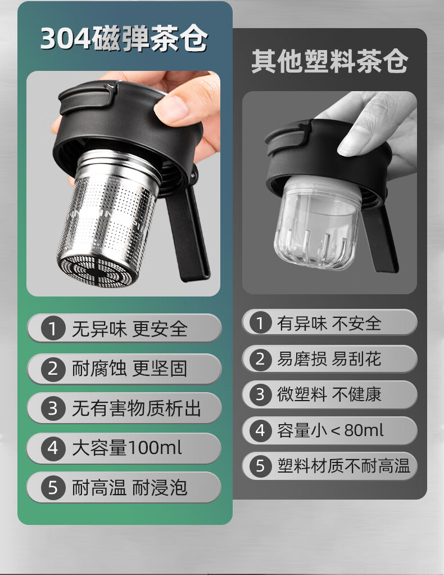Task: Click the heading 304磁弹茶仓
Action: [x=124, y=38]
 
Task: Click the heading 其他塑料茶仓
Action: [x=329, y=61]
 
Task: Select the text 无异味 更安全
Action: [x=129, y=329]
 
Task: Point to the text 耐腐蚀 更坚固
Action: [x=129, y=369]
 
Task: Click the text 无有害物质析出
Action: [x=136, y=408]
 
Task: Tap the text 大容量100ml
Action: [x=127, y=448]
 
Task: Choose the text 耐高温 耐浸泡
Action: [x=129, y=488]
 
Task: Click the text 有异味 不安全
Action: [x=329, y=324]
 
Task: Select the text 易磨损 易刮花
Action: [x=329, y=359]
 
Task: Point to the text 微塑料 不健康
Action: [x=329, y=394]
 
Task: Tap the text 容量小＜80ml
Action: [x=330, y=430]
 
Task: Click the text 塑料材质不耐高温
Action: [x=343, y=466]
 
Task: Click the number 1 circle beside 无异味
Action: [x=53, y=328]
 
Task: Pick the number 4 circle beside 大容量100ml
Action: [x=53, y=448]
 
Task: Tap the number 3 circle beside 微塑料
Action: [x=260, y=394]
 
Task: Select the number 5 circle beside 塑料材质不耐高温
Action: [x=260, y=466]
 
